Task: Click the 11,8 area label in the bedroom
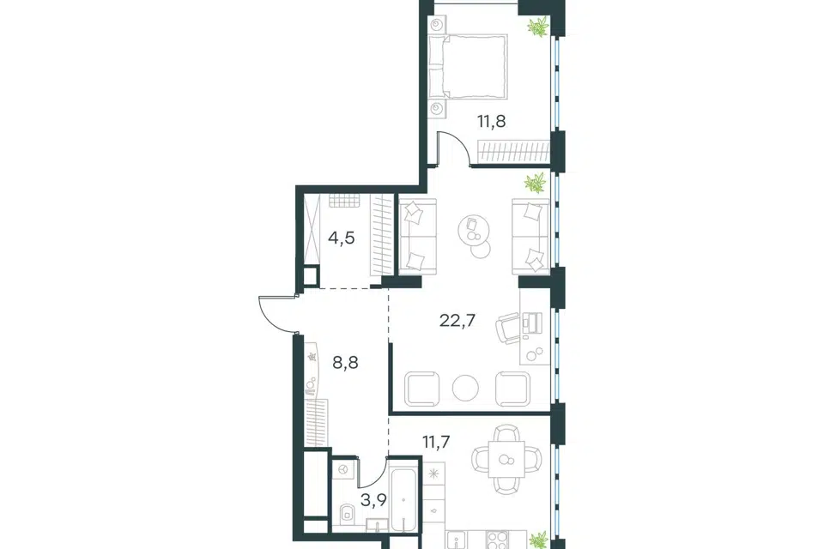tap(491, 122)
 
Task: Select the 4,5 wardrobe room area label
tap(342, 238)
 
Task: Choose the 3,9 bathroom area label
tap(373, 499)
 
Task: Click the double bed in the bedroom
tap(468, 66)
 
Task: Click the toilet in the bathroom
tap(346, 514)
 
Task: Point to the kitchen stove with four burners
tap(497, 540)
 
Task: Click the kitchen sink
tap(455, 541)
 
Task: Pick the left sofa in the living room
tap(418, 237)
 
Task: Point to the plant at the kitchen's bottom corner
tap(538, 541)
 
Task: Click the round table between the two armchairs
tap(465, 389)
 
